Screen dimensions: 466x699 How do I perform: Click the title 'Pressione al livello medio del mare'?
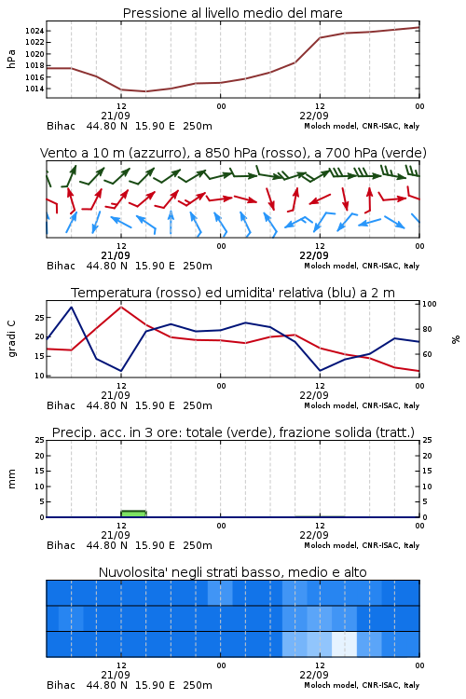click(232, 13)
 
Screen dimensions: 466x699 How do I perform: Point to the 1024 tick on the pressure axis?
click(34, 31)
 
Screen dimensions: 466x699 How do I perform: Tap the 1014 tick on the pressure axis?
click(34, 89)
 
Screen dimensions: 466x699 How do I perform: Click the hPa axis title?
click(11, 59)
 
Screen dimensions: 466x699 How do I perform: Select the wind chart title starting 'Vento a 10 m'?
click(233, 153)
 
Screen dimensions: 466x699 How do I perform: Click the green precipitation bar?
click(133, 514)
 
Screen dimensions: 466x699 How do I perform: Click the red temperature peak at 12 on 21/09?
click(121, 307)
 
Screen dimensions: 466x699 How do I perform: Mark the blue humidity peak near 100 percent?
click(72, 308)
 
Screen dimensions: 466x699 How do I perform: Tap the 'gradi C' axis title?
click(11, 338)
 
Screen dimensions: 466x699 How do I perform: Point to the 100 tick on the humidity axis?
click(429, 304)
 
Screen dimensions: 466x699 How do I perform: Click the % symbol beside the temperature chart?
click(456, 339)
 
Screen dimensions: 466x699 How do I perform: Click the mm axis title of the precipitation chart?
click(11, 478)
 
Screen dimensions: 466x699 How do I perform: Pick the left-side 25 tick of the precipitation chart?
click(39, 440)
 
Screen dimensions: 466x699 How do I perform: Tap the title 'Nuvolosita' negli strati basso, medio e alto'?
click(232, 572)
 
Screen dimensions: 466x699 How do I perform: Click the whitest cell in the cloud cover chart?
click(344, 644)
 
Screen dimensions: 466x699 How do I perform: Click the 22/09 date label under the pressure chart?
click(314, 116)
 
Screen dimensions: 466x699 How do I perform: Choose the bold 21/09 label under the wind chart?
click(116, 255)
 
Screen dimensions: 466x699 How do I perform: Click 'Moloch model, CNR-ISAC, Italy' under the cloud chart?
click(362, 685)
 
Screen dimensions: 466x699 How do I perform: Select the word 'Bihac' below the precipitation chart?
click(62, 545)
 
